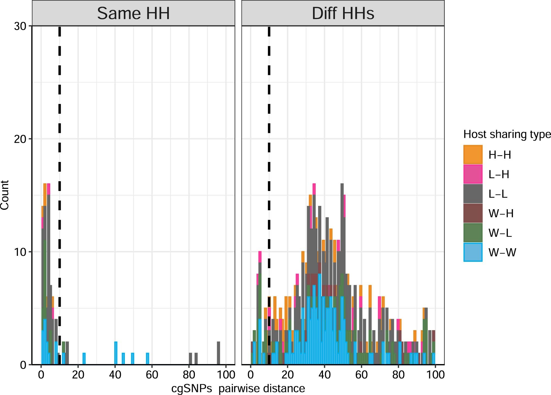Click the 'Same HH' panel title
coord(133,13)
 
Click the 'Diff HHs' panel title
coord(343,13)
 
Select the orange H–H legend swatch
coord(473,155)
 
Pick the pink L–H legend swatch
coord(473,174)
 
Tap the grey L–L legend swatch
coord(473,194)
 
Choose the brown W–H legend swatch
coord(473,213)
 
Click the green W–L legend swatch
coord(473,233)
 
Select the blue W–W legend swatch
coord(473,252)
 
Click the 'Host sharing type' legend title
coord(507,134)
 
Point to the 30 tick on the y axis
coord(20,26)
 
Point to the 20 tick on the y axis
coord(20,139)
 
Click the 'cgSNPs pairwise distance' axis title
coord(238,388)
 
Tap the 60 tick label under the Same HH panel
coord(152,375)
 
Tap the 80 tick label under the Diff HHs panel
coord(398,375)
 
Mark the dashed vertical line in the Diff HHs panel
coord(269,163)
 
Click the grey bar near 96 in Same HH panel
coord(218,353)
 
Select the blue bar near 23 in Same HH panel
coord(84,359)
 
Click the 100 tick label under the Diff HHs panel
coord(435,375)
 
